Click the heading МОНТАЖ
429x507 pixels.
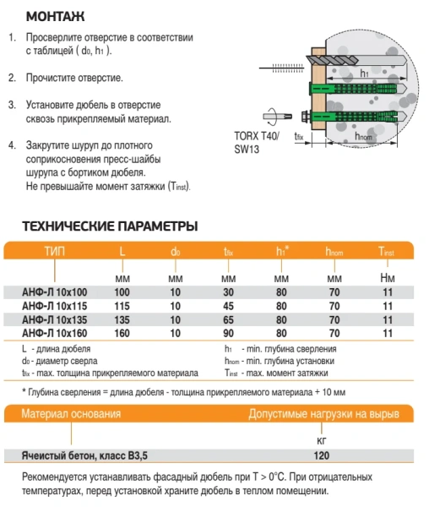point(55,17)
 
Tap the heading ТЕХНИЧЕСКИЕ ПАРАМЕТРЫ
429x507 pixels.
point(110,226)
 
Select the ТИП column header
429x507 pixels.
point(55,251)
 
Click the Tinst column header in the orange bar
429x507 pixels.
point(387,251)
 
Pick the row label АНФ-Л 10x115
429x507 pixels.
point(55,306)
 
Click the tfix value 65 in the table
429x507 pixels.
point(228,319)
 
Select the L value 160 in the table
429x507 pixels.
point(122,333)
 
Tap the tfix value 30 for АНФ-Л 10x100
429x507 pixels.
point(228,292)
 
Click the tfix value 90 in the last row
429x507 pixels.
point(228,333)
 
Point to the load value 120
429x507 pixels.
point(322,455)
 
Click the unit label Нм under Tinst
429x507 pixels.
point(388,278)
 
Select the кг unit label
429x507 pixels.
point(322,440)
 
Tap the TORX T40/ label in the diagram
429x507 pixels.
point(257,136)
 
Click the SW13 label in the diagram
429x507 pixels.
point(247,150)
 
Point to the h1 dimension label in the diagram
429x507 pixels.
point(364,74)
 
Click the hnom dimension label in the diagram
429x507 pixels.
point(363,137)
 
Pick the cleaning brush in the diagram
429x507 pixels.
point(281,68)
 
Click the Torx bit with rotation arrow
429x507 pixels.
point(277,117)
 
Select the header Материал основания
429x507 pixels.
point(71,414)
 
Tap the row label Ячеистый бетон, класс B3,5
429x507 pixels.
point(84,455)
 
